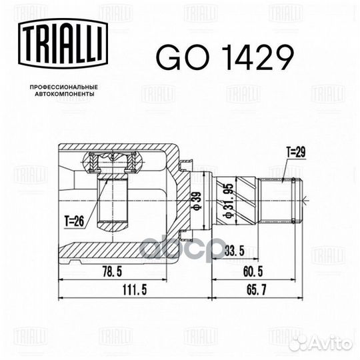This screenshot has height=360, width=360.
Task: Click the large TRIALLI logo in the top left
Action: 63,43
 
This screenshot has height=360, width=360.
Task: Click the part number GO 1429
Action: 225,57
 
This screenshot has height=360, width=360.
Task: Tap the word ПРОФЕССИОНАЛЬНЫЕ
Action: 64,87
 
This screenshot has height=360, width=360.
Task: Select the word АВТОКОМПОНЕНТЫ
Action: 65,94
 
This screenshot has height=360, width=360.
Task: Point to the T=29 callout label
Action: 296,152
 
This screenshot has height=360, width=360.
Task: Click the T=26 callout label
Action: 74,221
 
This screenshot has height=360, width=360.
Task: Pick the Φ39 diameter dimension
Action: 197,201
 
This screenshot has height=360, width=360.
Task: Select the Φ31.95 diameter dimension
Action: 229,201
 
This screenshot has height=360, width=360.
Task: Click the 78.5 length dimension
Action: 112,272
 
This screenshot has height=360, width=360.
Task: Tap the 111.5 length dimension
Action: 135,290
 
